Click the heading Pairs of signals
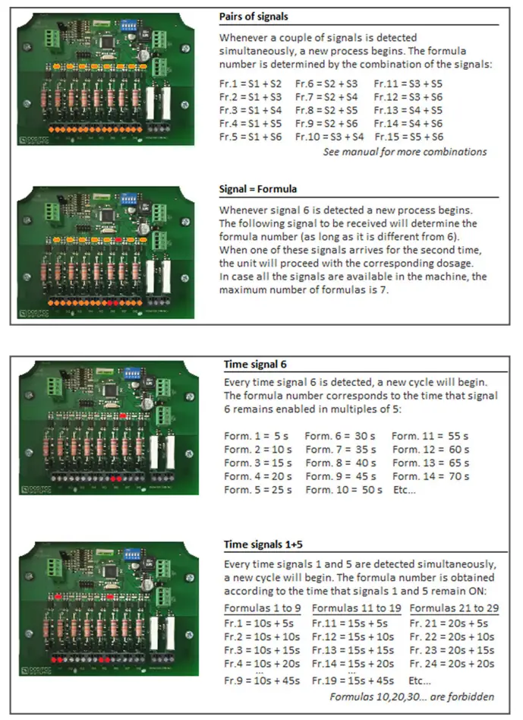click(x=253, y=17)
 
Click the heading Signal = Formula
click(x=258, y=189)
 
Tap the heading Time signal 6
click(x=256, y=363)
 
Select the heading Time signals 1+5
click(x=263, y=545)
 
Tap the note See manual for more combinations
click(x=405, y=152)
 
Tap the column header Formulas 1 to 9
click(x=263, y=608)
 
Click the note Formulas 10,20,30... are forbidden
click(x=412, y=696)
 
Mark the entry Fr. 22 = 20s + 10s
click(x=452, y=636)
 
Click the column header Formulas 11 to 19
click(x=356, y=608)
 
